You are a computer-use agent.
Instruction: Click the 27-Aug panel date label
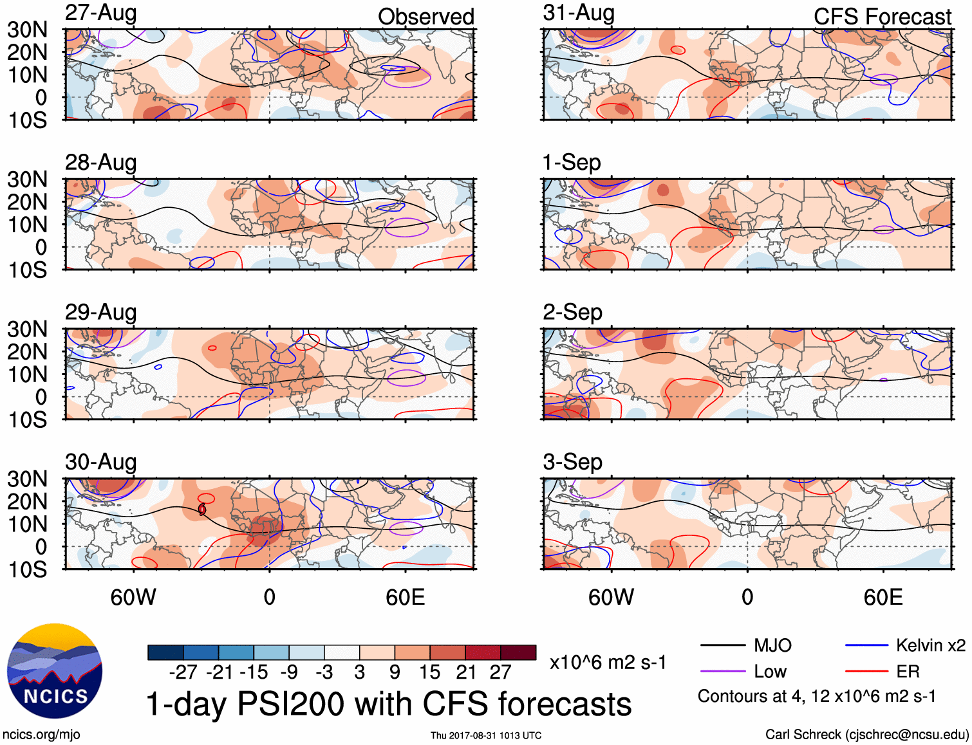pos(100,13)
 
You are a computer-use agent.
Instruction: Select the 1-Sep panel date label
pos(572,162)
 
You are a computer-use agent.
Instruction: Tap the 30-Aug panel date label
pos(100,462)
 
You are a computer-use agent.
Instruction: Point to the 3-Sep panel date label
pos(572,462)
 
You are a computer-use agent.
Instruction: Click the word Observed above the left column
pos(425,17)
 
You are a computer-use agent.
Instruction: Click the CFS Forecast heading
pos(882,17)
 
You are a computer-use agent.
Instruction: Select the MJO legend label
pos(772,645)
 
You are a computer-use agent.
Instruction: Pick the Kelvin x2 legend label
pos(930,645)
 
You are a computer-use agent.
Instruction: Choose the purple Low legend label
pos(770,672)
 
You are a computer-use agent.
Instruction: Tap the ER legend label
pos(908,672)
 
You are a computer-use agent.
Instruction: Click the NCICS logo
pos(55,671)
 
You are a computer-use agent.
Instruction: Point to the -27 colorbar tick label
pos(183,672)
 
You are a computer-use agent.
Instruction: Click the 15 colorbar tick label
pos(429,672)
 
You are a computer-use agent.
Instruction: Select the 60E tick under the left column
pos(405,597)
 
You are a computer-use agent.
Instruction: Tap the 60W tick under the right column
pos(611,597)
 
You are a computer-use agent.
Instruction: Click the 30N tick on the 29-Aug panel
pos(27,329)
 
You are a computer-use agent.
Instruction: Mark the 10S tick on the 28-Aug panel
pos(27,270)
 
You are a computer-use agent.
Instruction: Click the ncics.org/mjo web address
pos(41,735)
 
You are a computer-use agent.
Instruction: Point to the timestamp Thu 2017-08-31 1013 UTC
pos(486,735)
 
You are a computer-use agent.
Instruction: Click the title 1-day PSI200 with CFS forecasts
pos(389,704)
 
